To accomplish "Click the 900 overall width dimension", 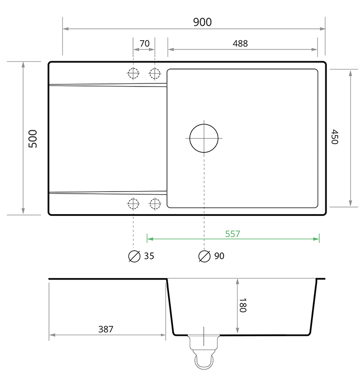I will pos(202,22).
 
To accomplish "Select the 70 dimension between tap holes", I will pos(144,43).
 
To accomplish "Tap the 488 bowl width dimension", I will pos(240,43).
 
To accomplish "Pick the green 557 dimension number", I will pos(233,233).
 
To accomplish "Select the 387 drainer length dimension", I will pos(106,329).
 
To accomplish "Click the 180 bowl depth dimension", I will pos(243,306).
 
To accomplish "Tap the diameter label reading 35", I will pos(149,256).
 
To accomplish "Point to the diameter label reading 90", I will pos(219,256).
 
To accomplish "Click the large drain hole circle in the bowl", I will pos(204,138).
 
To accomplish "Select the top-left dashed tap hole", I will pos(134,73).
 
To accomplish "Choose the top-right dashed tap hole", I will pos(155,73).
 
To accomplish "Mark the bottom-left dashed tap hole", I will pos(134,203).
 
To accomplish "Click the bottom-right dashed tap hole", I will pos(155,203).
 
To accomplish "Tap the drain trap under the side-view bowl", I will pos(204,353).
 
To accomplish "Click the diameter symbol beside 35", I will pos(134,256).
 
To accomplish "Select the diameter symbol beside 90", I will pos(204,256).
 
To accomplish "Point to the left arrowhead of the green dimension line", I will pos(149,238).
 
